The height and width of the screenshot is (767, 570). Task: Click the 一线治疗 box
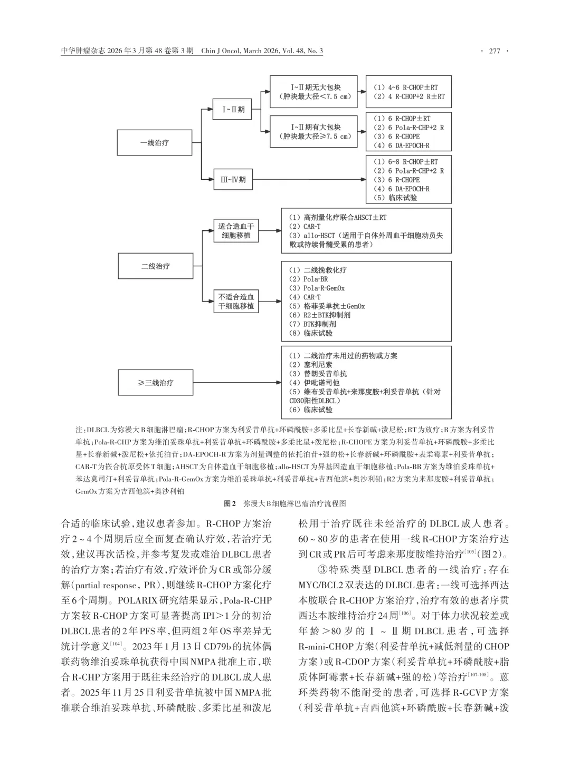point(155,142)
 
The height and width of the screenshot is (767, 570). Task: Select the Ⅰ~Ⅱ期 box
point(233,110)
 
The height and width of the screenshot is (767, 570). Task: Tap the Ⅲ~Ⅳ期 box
point(233,180)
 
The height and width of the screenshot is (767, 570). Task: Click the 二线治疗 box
point(155,266)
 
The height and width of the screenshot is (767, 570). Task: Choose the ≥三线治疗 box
point(155,382)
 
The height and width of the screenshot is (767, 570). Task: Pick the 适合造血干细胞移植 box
point(236,231)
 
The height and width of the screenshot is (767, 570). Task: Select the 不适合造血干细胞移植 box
point(236,301)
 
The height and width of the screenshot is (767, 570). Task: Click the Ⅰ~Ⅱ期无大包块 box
point(315,92)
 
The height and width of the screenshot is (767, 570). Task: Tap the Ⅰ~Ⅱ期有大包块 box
point(315,132)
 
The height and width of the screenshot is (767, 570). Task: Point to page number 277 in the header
point(495,51)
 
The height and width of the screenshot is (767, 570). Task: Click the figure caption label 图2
point(230,503)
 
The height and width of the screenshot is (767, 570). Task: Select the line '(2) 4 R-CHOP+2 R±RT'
point(408,97)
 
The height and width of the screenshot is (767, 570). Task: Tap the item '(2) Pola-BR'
point(308,279)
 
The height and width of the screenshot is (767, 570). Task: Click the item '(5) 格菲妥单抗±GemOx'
point(326,306)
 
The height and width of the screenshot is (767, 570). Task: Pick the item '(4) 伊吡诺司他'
point(313,383)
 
